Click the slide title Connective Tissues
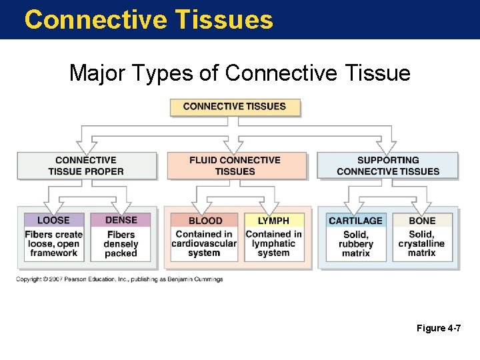(x=149, y=19)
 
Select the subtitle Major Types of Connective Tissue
(x=239, y=73)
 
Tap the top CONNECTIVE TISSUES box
(x=235, y=107)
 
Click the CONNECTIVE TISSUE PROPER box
(x=86, y=165)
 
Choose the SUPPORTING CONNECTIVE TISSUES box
(x=388, y=165)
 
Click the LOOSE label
(x=53, y=220)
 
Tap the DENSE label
(x=121, y=220)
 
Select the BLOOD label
(x=205, y=221)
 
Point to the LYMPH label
(x=273, y=221)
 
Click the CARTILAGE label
(x=356, y=221)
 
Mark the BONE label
(x=422, y=221)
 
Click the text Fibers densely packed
(x=121, y=244)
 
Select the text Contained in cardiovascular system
(x=204, y=243)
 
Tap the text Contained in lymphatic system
(x=273, y=243)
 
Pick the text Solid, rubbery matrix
(x=356, y=244)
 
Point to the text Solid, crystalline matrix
(x=421, y=244)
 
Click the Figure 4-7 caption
(x=438, y=329)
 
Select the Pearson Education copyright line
(x=119, y=279)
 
